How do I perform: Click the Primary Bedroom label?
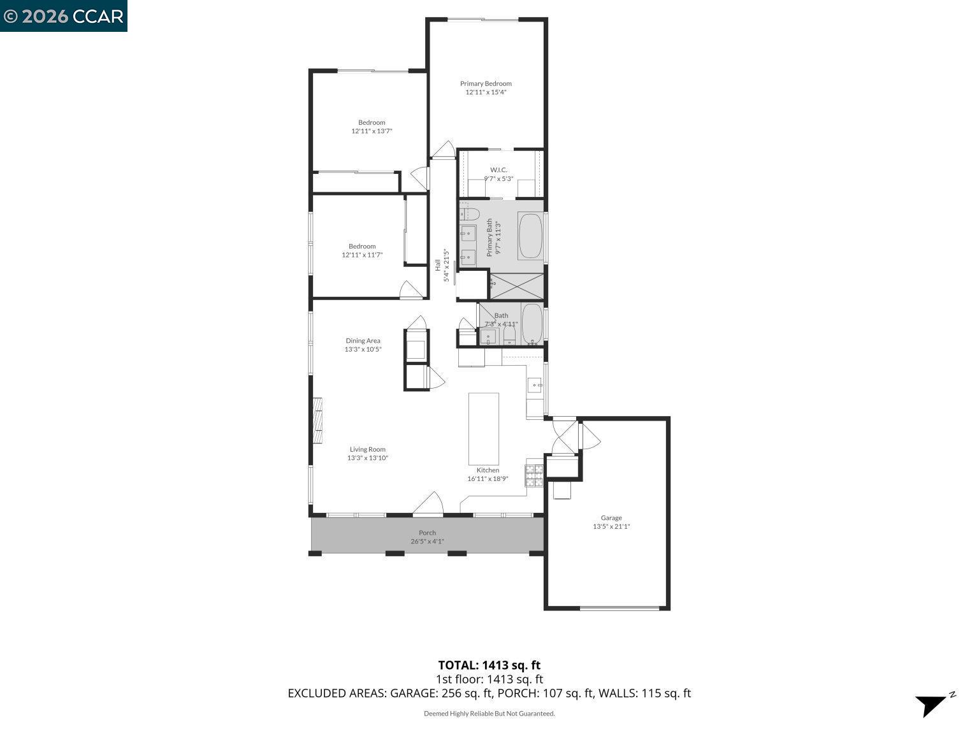point(486,83)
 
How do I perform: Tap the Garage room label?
point(611,518)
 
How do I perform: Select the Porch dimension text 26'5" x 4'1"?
point(427,542)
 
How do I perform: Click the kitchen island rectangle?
point(484,429)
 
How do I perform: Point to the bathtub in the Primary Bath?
point(530,236)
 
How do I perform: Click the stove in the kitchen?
point(534,475)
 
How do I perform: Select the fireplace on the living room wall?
point(317,421)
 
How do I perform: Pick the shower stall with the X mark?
point(516,286)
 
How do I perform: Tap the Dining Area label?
point(363,341)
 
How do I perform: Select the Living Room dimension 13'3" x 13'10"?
point(367,458)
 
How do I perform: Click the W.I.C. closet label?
point(498,169)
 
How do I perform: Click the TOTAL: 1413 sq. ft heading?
point(489,666)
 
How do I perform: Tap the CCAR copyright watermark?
point(64,16)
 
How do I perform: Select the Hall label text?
point(438,264)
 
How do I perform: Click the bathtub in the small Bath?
point(532,324)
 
